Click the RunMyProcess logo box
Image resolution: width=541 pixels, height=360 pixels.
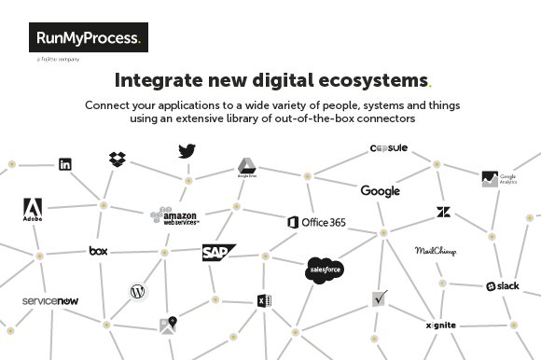[88, 39]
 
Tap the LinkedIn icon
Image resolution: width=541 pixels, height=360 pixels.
[65, 164]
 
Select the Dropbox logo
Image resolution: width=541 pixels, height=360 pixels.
[118, 159]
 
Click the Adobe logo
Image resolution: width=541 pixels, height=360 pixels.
[33, 211]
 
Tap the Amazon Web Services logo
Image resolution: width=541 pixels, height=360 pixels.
[174, 216]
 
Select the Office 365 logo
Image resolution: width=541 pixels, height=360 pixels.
[317, 222]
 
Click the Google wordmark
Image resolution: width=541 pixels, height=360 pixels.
[380, 191]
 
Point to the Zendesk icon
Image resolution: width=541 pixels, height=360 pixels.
[443, 213]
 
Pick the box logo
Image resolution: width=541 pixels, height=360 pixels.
[99, 250]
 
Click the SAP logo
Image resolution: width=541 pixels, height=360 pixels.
[218, 252]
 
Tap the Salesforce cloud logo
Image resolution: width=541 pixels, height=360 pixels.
[326, 270]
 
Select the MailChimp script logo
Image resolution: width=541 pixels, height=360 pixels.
[435, 251]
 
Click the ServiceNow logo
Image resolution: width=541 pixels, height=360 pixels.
[50, 301]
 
